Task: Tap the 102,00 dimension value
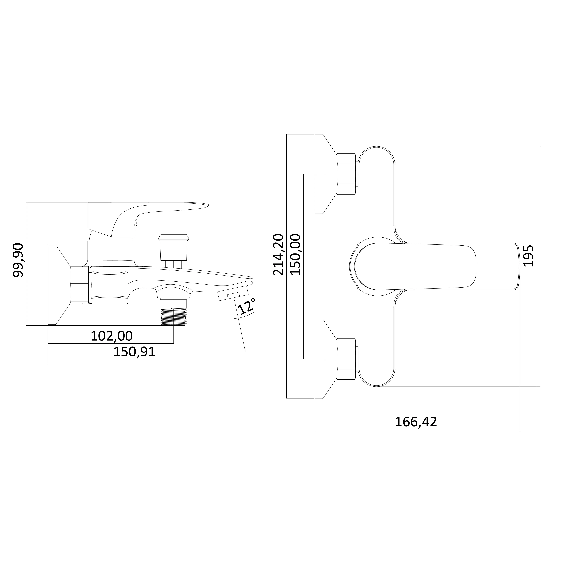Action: pos(112,336)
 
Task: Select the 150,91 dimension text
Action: pos(134,352)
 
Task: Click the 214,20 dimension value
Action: pos(278,254)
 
